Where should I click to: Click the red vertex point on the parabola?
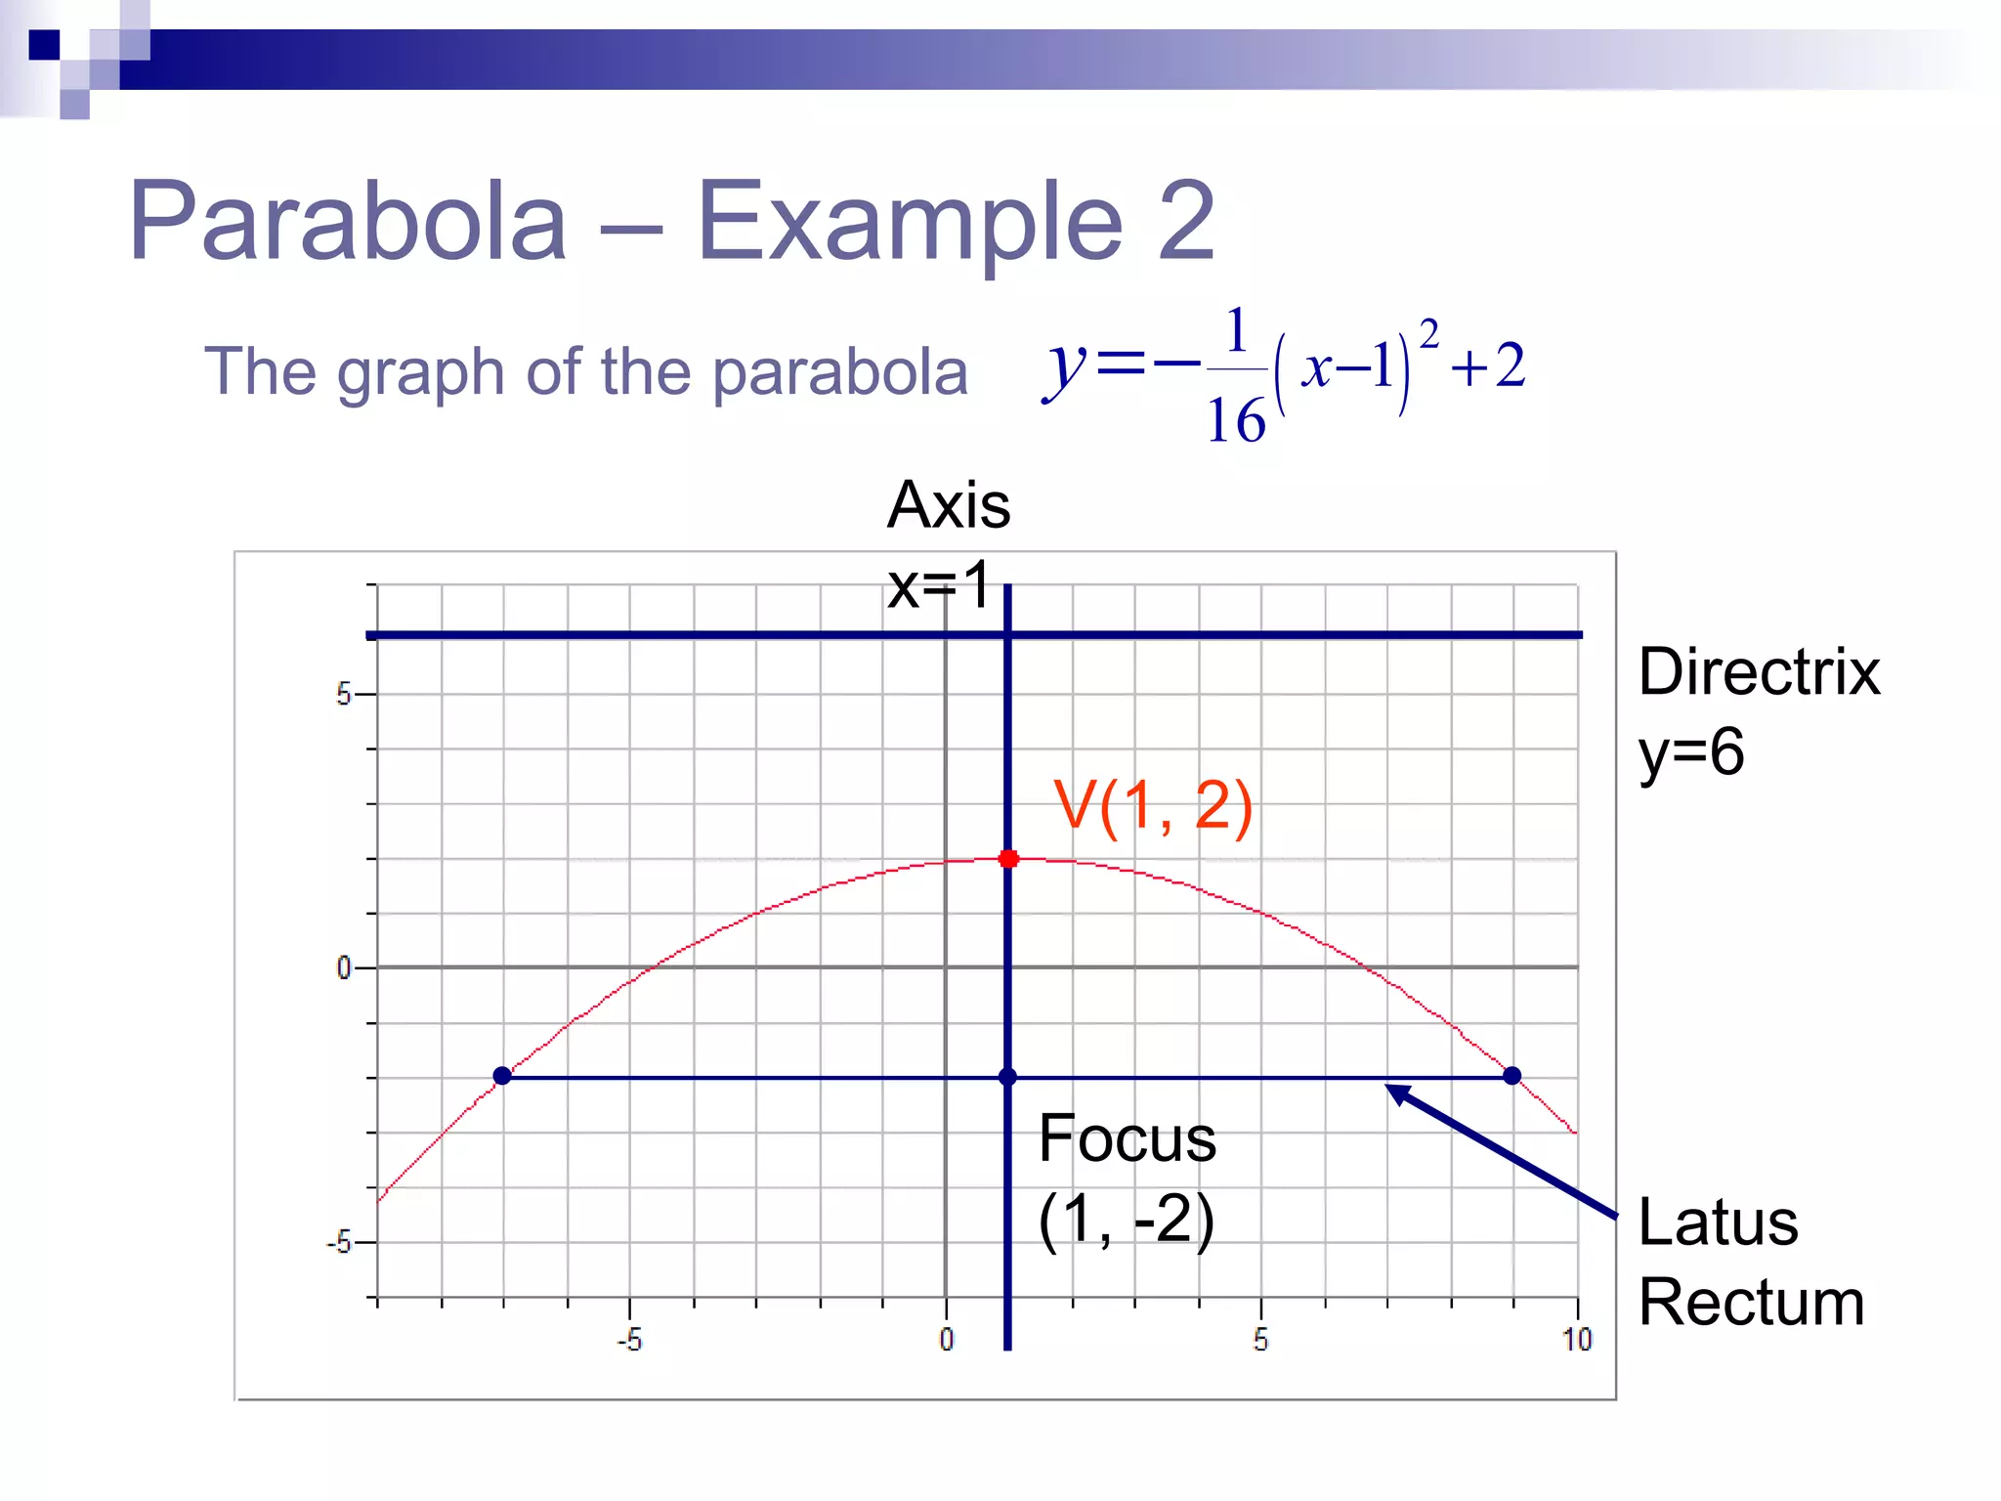click(1008, 859)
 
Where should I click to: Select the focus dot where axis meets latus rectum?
click(1007, 1077)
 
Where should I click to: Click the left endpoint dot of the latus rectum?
click(502, 1076)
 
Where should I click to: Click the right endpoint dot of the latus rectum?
click(1512, 1076)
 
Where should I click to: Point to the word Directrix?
click(1759, 672)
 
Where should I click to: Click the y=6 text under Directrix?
click(1691, 752)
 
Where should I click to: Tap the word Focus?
click(1127, 1138)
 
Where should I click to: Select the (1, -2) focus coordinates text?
click(1126, 1220)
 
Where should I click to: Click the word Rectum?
click(1751, 1303)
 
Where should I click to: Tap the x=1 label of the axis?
click(938, 585)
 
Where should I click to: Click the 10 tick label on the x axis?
click(1577, 1340)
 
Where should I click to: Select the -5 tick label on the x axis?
click(629, 1340)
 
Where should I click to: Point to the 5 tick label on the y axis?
click(343, 695)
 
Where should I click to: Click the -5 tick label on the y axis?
click(339, 1243)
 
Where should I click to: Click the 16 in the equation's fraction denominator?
click(1236, 421)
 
